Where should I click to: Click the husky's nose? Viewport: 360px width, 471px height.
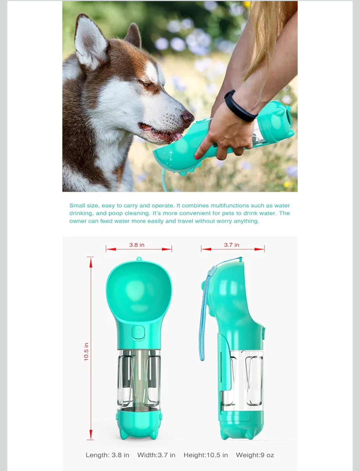[188, 117]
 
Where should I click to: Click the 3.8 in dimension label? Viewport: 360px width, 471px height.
[137, 245]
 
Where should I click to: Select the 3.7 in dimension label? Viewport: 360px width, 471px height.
[231, 245]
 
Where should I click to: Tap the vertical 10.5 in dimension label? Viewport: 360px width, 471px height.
[86, 352]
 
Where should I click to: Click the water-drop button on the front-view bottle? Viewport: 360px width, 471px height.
[138, 332]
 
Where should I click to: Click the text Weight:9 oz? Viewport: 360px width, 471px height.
[255, 455]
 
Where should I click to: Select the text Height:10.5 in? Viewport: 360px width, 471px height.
[206, 455]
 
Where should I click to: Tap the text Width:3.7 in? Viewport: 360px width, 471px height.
[156, 455]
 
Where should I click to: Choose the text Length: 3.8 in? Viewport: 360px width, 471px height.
[107, 455]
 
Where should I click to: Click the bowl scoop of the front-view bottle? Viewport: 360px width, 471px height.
[139, 290]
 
